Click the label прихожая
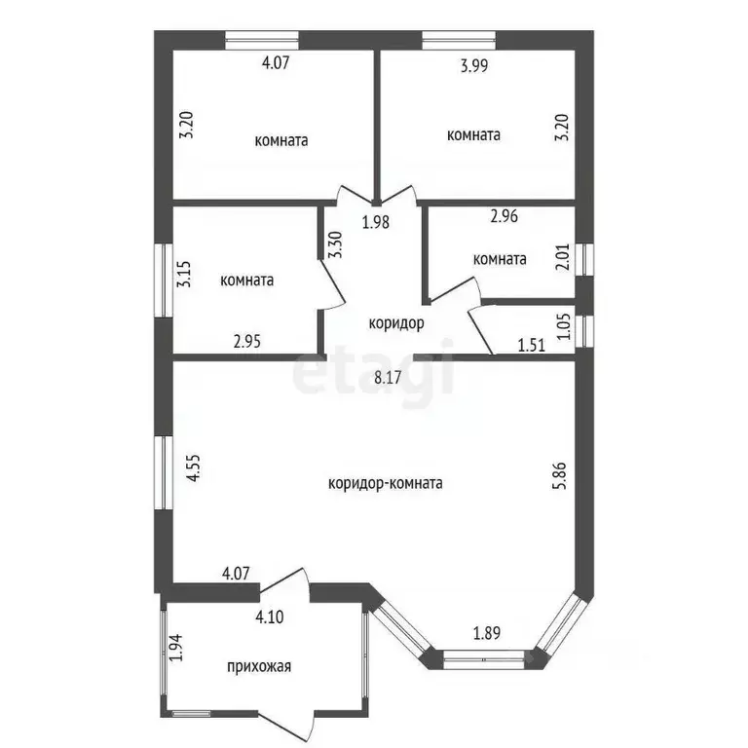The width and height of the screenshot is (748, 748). (x=259, y=666)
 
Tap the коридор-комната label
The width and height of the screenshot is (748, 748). (x=386, y=484)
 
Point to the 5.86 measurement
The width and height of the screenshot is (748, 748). (x=560, y=475)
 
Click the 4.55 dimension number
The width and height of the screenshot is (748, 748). (x=194, y=467)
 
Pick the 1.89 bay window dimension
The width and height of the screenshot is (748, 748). (x=487, y=633)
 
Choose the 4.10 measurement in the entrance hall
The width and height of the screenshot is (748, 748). (x=270, y=617)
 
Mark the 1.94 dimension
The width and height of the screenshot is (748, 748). (x=176, y=648)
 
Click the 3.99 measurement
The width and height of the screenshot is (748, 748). (x=474, y=65)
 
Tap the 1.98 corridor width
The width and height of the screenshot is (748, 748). (x=376, y=222)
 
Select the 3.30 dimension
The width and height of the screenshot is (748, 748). (x=336, y=244)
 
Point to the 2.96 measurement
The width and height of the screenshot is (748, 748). (x=505, y=216)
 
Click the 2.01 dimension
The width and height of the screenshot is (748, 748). (x=563, y=257)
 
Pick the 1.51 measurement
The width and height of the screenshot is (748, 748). (x=532, y=345)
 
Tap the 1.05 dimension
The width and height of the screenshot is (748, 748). (x=563, y=326)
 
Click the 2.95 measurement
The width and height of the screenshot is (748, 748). (x=247, y=342)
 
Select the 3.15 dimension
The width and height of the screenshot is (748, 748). (x=184, y=274)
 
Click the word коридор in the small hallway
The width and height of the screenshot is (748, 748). (x=396, y=323)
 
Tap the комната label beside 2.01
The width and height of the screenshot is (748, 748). (x=500, y=259)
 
